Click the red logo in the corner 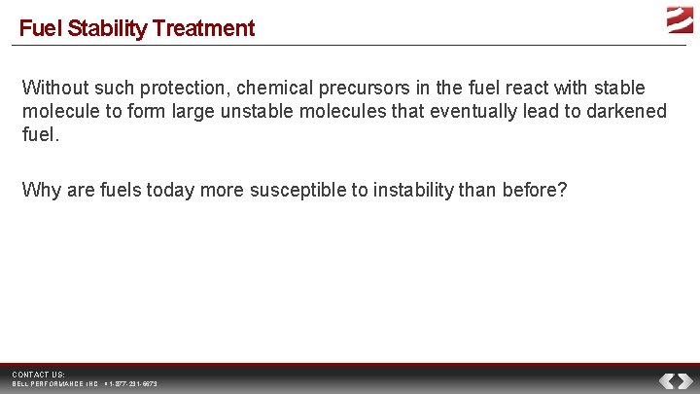679,18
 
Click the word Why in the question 40,190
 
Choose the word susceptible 297,190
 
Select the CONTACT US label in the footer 39,375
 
